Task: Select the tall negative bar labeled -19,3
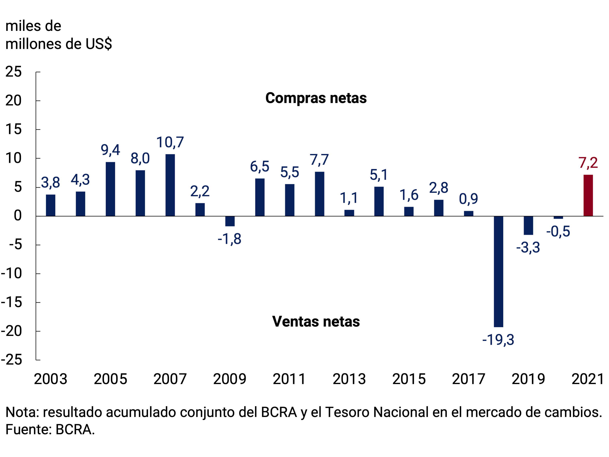[498, 271]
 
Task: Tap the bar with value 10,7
[170, 185]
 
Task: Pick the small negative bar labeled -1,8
[230, 221]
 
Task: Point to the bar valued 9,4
[110, 189]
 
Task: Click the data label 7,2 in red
[588, 163]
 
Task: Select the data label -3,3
[528, 247]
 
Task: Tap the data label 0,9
[468, 199]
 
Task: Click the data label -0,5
[558, 231]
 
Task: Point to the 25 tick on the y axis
[13, 72]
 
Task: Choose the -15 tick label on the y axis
[12, 302]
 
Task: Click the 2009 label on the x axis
[230, 379]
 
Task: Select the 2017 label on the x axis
[469, 379]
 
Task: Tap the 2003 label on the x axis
[51, 379]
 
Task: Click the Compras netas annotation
[316, 98]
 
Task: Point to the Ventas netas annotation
[316, 321]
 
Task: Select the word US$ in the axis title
[98, 44]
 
